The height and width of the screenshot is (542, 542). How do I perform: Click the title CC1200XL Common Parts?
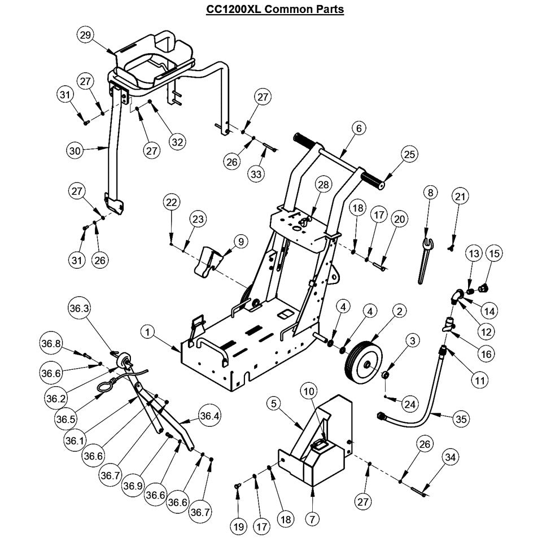click(271, 10)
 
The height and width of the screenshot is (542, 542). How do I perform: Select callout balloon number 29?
click(85, 35)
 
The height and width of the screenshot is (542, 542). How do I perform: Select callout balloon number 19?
click(238, 526)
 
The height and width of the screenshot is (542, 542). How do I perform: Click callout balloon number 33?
click(257, 174)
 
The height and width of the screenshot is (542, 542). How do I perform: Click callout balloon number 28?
click(322, 186)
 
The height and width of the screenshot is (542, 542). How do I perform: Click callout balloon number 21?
click(461, 196)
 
